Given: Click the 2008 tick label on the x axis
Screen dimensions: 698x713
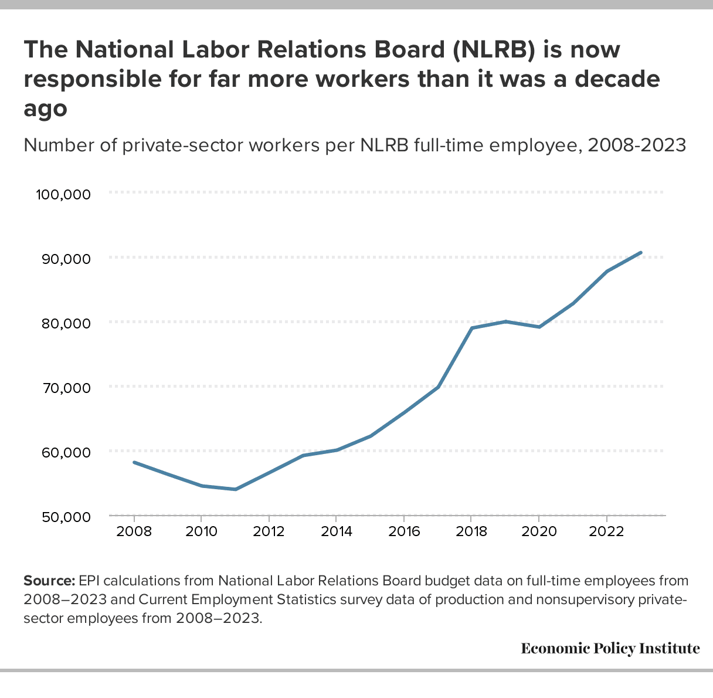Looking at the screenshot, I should [x=134, y=532].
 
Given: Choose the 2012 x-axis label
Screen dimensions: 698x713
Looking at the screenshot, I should [x=269, y=532].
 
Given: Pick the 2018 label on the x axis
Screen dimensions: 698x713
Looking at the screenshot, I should [x=471, y=532].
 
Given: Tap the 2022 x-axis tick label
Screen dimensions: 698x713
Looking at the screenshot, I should [x=606, y=532].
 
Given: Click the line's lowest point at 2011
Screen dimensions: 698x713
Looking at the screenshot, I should [x=235, y=489].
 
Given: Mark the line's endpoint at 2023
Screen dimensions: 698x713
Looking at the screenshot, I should [x=640, y=253].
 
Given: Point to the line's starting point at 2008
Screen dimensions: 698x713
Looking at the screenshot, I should [x=134, y=462].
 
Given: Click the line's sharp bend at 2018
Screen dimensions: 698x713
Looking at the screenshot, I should [x=471, y=328].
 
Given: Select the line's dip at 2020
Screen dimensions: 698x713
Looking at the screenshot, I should [x=539, y=327].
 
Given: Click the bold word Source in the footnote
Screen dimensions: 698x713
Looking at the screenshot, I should [x=49, y=581].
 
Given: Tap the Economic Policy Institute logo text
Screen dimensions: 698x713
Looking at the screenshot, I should [x=610, y=648].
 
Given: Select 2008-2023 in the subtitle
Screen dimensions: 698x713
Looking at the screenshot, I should [x=637, y=144].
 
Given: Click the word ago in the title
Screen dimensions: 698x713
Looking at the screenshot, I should [x=45, y=109].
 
